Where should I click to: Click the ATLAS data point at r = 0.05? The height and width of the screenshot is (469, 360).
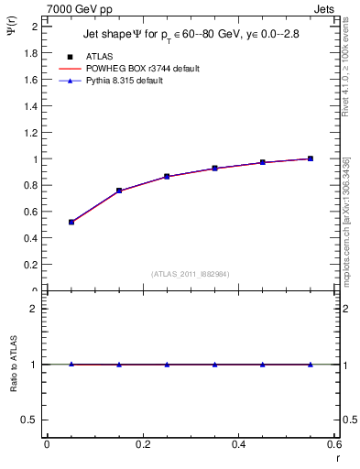[71, 222]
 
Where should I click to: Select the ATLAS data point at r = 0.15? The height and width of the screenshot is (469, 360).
[119, 191]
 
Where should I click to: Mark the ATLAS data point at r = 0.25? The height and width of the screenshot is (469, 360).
[167, 176]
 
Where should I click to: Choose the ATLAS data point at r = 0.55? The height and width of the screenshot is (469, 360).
[311, 158]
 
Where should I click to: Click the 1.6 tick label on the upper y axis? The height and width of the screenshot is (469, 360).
[29, 80]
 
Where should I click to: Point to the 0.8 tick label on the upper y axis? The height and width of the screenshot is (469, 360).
[29, 185]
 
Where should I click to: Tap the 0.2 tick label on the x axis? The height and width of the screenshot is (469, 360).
[142, 444]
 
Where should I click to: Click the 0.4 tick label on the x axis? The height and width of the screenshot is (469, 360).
[238, 444]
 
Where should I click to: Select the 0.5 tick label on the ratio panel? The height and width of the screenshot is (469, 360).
[29, 420]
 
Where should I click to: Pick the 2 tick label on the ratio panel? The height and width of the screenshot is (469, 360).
[33, 309]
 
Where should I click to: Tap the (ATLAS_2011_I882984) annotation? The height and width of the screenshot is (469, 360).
[191, 273]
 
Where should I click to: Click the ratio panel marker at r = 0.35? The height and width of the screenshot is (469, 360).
[214, 365]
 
